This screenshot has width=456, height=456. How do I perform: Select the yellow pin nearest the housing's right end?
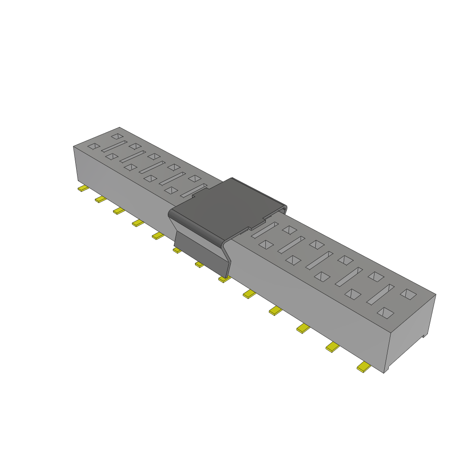point(364,367)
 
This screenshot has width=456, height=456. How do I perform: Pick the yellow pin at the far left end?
point(83,189)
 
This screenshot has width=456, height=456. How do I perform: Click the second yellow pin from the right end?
point(332,347)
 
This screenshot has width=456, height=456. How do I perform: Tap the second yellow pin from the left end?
point(101,199)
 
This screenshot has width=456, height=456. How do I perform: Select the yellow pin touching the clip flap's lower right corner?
point(224,279)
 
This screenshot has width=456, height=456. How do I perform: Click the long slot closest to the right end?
point(380,294)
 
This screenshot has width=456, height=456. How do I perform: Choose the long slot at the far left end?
point(114,146)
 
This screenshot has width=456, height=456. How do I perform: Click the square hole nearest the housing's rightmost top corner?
point(408,294)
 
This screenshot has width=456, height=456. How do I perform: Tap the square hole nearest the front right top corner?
point(386,313)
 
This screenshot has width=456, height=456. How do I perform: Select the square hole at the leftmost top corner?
point(94,146)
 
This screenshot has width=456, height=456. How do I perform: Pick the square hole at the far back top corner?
point(117,136)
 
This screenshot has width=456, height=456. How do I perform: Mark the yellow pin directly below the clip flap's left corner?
point(177,251)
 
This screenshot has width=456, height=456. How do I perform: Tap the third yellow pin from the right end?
point(303,329)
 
